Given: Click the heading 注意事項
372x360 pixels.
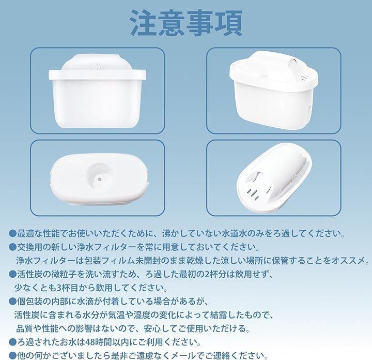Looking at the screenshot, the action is click(x=187, y=23).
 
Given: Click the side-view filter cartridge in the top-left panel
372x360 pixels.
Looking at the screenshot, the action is click(x=97, y=91).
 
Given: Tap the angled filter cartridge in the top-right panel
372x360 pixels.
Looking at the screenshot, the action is click(x=273, y=91).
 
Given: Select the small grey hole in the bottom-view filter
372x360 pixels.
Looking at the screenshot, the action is click(x=100, y=179).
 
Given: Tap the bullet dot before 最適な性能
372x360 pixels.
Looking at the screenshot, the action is click(x=12, y=234).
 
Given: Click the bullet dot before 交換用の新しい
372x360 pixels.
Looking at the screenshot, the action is click(x=12, y=247).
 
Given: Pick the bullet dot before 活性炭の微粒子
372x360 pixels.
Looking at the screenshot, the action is click(x=12, y=275).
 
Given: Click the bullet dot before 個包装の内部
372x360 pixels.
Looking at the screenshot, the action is click(x=12, y=302).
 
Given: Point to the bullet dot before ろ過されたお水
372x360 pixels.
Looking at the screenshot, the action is click(x=12, y=342).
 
